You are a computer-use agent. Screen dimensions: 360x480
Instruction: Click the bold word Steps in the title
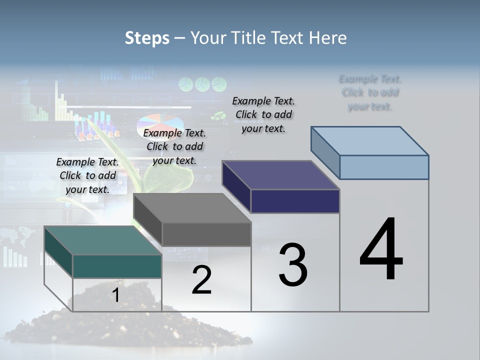(x=147, y=38)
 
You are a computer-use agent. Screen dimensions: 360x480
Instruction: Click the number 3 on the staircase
(x=293, y=264)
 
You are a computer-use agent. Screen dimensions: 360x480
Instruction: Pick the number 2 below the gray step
(x=201, y=279)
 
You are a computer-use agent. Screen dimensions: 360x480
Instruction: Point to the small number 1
(x=115, y=295)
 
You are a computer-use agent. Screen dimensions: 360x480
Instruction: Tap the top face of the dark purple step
(x=280, y=175)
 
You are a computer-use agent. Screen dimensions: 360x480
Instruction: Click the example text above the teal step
(x=87, y=175)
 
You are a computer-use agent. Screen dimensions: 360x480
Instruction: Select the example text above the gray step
(x=174, y=146)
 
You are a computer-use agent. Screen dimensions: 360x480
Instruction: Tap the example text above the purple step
(x=263, y=114)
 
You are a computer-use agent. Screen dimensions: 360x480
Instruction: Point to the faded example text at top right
(x=370, y=92)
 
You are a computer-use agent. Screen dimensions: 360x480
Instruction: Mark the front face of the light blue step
(x=384, y=167)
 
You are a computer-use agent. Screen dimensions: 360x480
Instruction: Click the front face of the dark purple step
(x=295, y=201)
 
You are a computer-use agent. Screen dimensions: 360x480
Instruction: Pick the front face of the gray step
(x=206, y=234)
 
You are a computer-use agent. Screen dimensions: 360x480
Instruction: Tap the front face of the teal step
(x=117, y=266)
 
